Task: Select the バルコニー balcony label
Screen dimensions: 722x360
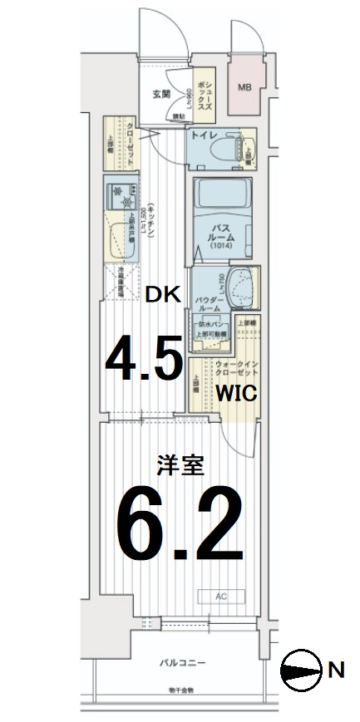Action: (x=182, y=661)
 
